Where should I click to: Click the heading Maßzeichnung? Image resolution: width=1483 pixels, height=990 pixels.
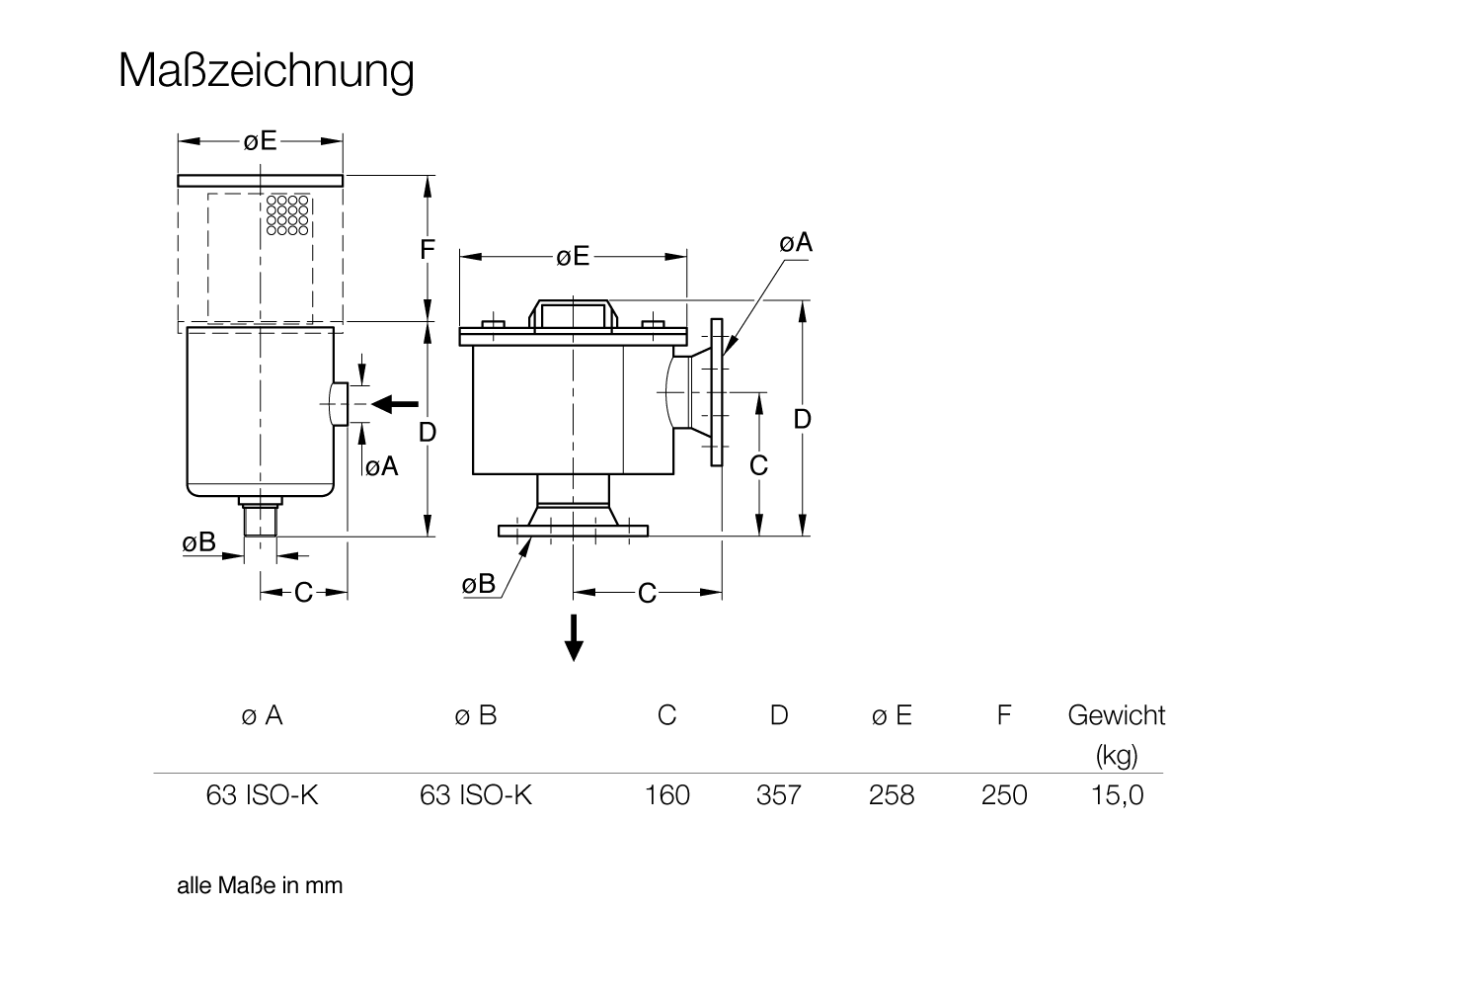coord(266,70)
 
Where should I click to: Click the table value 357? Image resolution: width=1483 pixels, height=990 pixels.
coord(778,795)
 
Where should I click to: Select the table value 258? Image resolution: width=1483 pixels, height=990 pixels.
coord(891,795)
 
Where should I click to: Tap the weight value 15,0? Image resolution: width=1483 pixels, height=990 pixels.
coord(1117,795)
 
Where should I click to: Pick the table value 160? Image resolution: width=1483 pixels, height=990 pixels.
coord(666,795)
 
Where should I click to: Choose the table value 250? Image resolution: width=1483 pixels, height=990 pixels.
coord(1003,795)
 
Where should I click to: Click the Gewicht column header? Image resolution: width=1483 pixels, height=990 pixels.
coord(1116,715)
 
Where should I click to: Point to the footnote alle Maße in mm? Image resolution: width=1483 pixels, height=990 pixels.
coord(260,885)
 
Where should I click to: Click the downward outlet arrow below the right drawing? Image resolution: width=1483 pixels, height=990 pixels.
coord(573,638)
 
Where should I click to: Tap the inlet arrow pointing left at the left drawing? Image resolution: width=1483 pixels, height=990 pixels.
coord(399,403)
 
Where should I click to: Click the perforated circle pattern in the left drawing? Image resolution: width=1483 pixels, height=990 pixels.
coord(288,215)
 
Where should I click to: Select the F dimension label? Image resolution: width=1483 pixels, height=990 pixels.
coord(427,250)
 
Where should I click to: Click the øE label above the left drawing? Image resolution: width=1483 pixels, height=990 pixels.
coord(261,141)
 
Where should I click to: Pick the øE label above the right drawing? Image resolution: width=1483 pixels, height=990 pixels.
coord(573,257)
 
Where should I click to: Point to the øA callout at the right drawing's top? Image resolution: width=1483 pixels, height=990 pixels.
coord(795,242)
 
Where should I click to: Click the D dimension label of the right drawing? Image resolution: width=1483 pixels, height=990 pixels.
coord(803,419)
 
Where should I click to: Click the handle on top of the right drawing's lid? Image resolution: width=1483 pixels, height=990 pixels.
coord(573,314)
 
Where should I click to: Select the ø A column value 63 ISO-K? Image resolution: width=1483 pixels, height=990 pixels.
coord(262,795)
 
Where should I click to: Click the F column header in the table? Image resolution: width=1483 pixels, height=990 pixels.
coord(1003,715)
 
